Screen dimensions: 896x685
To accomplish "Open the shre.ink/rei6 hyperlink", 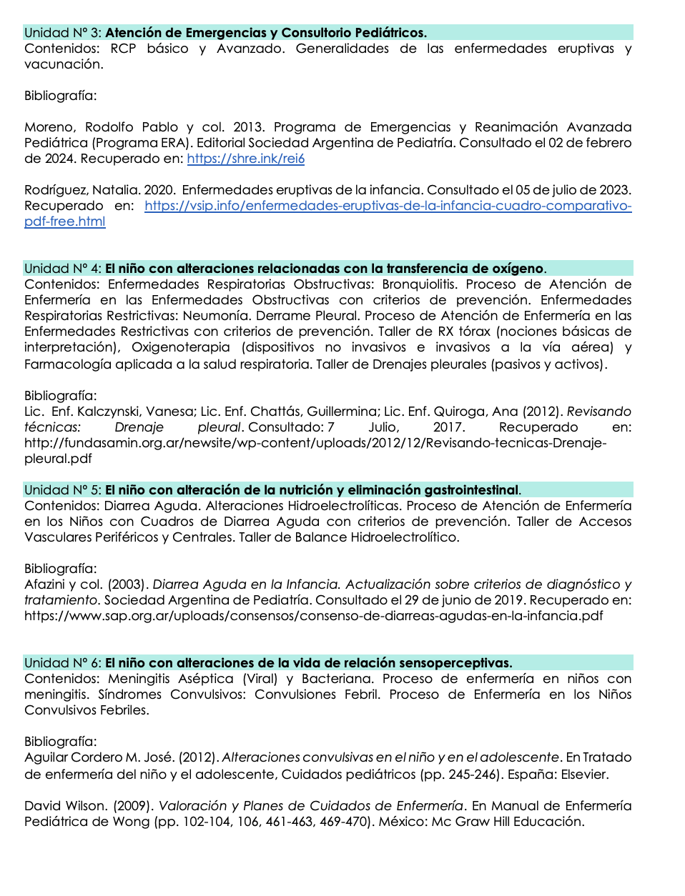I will coord(245,159).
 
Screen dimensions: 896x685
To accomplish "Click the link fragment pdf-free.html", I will coord(64,221).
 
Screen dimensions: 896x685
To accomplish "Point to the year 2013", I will coord(248,127).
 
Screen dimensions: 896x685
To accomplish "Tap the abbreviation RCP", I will coord(123,49).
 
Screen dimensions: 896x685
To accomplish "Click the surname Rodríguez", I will coord(56,190).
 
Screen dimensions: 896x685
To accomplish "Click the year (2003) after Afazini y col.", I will coord(128,584).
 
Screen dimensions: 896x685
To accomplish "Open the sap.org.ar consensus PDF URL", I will coord(313,616).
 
